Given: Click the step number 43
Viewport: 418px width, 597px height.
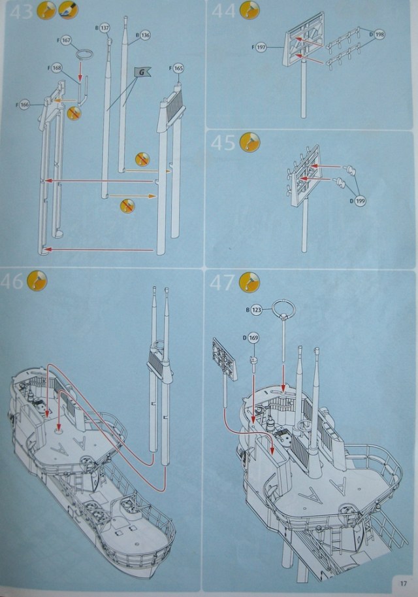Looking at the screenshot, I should coord(20,11).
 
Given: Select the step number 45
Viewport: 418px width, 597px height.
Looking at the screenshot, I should coord(223,141).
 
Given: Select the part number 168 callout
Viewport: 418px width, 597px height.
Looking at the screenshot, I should coord(57,67).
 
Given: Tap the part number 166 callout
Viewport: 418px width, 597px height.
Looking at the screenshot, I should coord(25,104).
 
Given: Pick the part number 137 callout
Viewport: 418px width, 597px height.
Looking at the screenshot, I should coord(104,28).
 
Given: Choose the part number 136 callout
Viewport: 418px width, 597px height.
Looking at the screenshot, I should coord(145,35).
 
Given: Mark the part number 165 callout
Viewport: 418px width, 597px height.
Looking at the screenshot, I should coord(179,67).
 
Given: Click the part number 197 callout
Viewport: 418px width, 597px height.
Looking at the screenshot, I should coord(261,47).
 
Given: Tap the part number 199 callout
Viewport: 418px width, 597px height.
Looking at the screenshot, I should coord(360,201).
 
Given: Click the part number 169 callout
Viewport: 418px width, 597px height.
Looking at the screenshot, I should coord(253,338).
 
